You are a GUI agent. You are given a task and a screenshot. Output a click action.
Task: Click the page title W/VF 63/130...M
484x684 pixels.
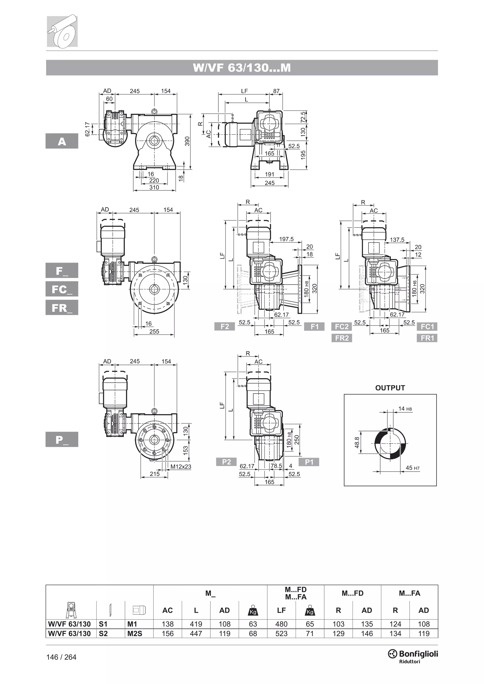tap(242, 68)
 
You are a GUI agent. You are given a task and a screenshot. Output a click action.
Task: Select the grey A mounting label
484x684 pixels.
tap(62, 141)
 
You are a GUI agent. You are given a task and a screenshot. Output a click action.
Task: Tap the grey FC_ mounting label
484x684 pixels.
tap(62, 289)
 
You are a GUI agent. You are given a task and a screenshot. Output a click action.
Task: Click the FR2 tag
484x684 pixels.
tap(341, 338)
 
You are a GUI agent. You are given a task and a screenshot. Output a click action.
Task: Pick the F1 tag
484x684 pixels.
tap(314, 327)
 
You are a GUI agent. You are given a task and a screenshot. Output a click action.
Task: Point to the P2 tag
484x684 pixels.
tap(226, 462)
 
